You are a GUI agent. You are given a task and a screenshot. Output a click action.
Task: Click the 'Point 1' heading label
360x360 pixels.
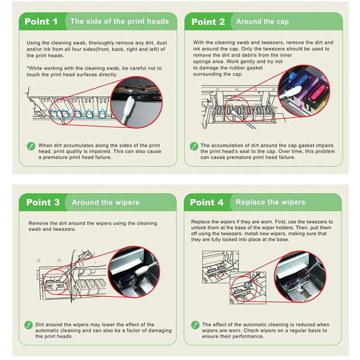(41, 22)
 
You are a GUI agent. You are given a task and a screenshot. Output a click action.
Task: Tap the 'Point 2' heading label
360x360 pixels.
(208, 22)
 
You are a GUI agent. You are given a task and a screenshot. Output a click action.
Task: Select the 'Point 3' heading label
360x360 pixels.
(43, 202)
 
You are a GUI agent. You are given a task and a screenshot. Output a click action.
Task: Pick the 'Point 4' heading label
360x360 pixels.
(207, 202)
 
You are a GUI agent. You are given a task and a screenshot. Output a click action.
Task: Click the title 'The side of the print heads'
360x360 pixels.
(120, 21)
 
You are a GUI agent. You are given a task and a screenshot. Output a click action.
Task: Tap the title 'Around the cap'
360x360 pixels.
(262, 22)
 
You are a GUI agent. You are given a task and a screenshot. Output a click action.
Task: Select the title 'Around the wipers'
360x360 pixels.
(106, 202)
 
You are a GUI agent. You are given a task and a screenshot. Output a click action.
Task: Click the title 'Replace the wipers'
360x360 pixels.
(270, 202)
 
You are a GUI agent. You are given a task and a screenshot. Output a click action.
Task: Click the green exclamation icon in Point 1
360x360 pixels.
(31, 146)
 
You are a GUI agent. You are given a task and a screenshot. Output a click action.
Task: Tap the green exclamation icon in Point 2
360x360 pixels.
(194, 146)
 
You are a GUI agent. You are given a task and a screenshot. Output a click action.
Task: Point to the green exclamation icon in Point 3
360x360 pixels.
(28, 325)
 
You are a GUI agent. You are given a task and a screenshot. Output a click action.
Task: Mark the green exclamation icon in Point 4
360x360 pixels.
(195, 325)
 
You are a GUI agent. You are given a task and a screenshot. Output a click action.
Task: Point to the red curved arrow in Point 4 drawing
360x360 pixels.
(221, 274)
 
